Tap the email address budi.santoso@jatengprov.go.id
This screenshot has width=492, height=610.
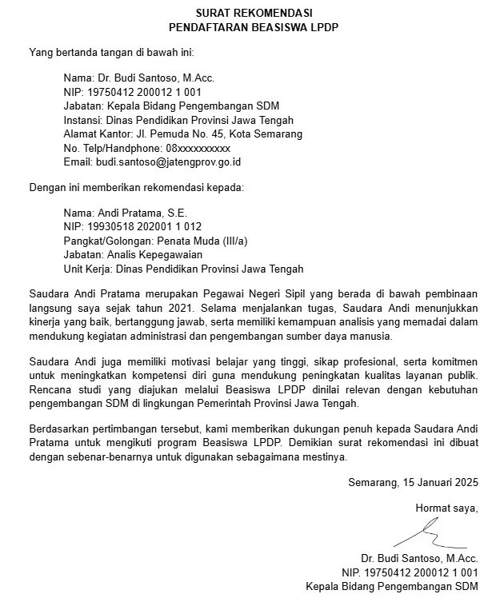[169, 162]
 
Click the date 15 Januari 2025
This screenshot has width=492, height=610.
[438, 482]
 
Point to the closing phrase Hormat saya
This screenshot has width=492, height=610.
[446, 508]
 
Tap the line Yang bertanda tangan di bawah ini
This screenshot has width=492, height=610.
[112, 53]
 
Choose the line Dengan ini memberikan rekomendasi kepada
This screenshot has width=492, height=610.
[136, 188]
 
